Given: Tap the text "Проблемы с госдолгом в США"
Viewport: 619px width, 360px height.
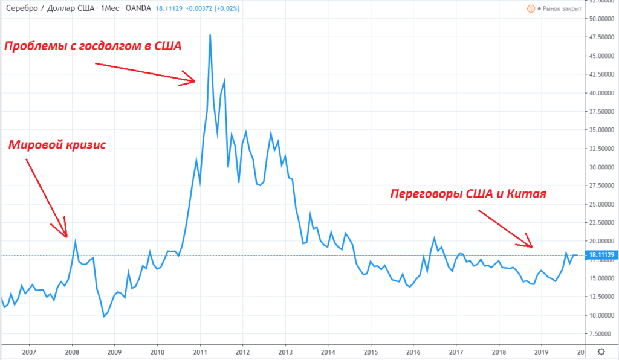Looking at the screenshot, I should (x=93, y=46).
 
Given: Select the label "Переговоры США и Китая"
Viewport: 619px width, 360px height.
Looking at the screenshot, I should (x=468, y=194).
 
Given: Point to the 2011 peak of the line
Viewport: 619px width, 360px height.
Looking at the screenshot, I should (x=210, y=35).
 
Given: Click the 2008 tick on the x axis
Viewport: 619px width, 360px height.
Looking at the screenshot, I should (x=72, y=352).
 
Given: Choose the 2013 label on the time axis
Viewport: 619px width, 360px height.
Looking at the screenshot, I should (x=285, y=352).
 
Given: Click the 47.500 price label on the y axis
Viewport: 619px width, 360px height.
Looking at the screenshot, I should (x=601, y=37).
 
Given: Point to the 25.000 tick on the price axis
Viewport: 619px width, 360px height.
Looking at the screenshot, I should (x=601, y=204).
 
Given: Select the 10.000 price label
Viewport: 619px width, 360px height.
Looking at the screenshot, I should (x=601, y=315).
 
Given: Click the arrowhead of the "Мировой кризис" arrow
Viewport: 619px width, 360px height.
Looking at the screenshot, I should (x=66, y=236).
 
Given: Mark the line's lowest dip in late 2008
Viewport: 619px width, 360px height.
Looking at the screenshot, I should (x=104, y=316).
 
